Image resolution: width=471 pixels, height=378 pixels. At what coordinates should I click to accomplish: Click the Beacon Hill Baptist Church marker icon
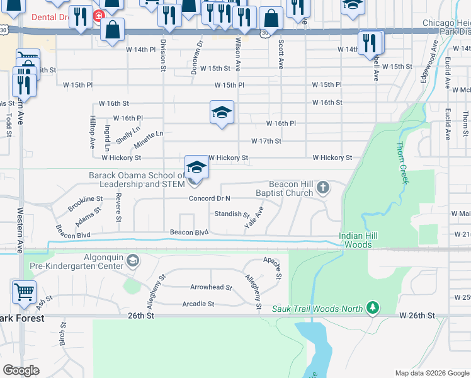point(323,187)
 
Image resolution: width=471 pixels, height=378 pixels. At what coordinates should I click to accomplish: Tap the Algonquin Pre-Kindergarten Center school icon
point(133,260)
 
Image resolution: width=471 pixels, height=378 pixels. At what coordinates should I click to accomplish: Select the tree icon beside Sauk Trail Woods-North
point(373,308)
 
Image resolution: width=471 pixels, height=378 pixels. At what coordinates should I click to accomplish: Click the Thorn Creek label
point(401,163)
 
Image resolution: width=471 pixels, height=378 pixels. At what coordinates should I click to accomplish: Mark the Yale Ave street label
point(254,217)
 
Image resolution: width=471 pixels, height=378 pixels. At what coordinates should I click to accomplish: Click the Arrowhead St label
point(211,287)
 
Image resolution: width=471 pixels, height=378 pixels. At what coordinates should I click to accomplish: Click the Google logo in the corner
point(21,370)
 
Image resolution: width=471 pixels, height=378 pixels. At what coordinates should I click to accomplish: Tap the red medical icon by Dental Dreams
point(98,15)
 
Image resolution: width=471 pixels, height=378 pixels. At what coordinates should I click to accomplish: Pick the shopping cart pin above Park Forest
point(24,292)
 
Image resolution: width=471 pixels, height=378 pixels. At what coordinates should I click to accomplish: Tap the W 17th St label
point(266,141)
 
